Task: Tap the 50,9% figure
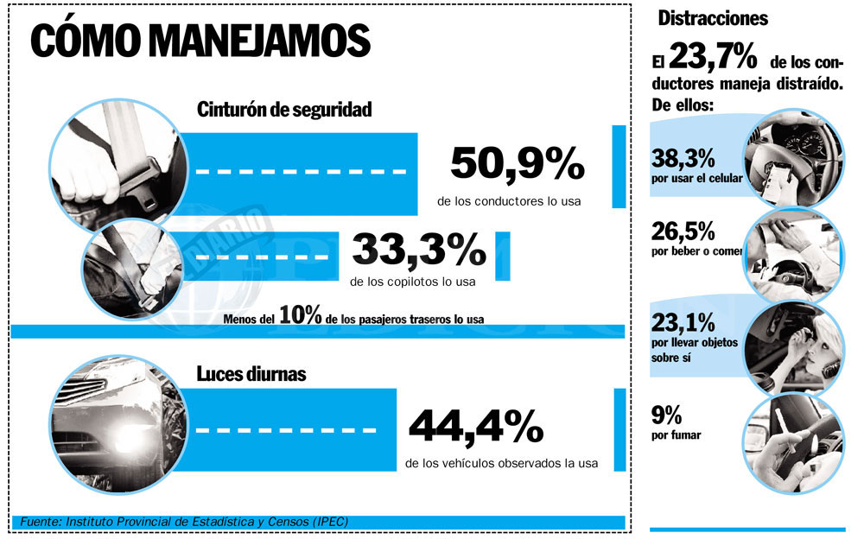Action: click(518, 163)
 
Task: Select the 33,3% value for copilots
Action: click(419, 250)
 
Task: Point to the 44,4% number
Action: click(476, 426)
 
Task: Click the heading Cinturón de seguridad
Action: click(284, 110)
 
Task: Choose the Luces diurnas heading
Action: click(251, 374)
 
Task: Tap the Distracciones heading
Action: click(713, 18)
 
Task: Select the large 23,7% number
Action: click(713, 60)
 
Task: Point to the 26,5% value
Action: click(683, 231)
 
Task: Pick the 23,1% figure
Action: click(683, 323)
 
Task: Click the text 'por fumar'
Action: click(677, 434)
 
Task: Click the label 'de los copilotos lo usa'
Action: click(413, 281)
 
